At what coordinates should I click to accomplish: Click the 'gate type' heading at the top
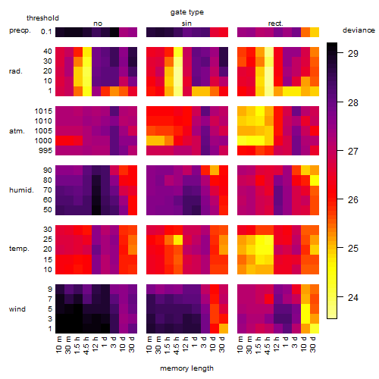pos(187,12)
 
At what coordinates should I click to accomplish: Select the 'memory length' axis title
pos(186,368)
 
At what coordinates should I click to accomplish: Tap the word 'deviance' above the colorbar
pos(359,30)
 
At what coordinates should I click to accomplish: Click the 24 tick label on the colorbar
pos(353,297)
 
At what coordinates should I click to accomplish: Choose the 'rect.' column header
pos(275,23)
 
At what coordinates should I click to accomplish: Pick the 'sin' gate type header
pos(186,23)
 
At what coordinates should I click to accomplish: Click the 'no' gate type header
pos(98,23)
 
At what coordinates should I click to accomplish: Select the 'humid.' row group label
pos(21,190)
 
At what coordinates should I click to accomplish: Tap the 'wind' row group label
pos(17,309)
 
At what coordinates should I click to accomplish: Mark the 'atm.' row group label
pos(17,131)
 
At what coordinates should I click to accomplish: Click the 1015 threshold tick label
pos(43,111)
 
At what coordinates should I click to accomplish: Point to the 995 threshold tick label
pos(45,151)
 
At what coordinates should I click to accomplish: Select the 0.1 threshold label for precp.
pos(46,32)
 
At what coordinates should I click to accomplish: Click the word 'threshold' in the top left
pos(42,18)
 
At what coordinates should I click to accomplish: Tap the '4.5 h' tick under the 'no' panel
pos(86,346)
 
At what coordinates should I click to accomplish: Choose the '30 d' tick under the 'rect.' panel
pos(313,345)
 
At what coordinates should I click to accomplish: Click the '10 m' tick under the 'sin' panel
pos(149,345)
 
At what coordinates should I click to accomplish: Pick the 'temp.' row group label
pos(19,249)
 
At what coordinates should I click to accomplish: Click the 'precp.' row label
pos(20,30)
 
